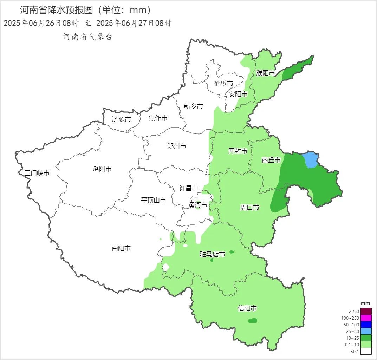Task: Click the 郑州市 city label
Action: (177, 146)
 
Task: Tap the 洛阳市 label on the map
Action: (102, 169)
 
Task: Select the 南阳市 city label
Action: (121, 248)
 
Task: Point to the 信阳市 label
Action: (247, 308)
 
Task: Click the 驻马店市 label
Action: (212, 254)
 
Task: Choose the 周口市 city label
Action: (250, 208)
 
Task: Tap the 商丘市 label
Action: (271, 160)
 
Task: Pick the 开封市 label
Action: (238, 151)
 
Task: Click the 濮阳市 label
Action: (266, 73)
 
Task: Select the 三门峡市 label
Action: (37, 173)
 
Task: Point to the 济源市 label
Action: (122, 119)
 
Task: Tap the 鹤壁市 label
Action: (224, 84)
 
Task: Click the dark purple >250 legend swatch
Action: (366, 311)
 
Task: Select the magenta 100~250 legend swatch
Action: (366, 318)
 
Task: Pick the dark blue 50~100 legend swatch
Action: (366, 325)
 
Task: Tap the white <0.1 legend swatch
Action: (366, 351)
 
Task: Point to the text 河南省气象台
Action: (87, 37)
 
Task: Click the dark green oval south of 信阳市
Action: (253, 320)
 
